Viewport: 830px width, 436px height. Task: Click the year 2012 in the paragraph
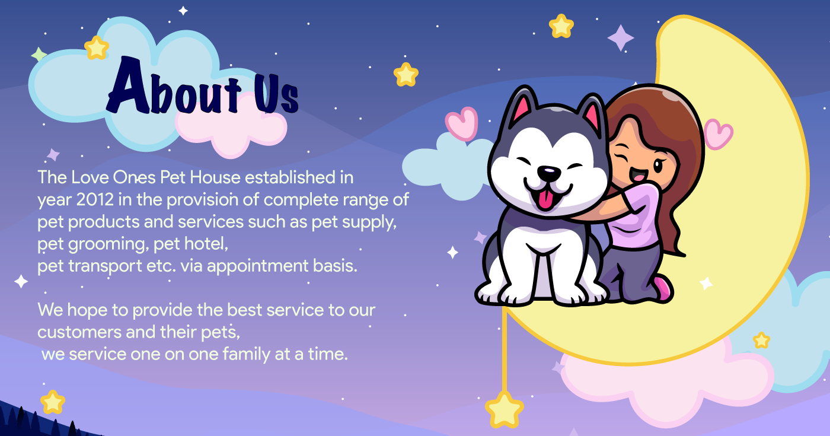95,200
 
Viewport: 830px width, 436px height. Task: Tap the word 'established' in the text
290,177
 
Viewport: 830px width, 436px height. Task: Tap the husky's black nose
549,173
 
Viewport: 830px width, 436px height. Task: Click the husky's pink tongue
545,201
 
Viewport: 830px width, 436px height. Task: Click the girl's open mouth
638,174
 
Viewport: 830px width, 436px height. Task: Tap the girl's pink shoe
663,288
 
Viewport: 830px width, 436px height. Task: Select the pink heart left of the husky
462,124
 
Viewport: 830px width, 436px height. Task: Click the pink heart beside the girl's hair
718,134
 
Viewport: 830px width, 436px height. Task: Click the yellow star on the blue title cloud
97,48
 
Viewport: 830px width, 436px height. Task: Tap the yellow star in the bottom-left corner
53,402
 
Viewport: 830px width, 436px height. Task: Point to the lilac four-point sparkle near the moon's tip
621,38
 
